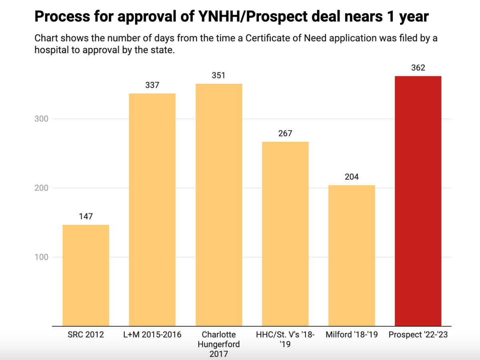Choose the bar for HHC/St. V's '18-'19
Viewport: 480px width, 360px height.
(x=285, y=234)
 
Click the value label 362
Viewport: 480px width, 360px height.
(x=418, y=68)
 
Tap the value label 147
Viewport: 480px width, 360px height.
(x=86, y=216)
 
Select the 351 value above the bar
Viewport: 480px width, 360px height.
(x=219, y=75)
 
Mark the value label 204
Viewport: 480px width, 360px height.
(x=352, y=177)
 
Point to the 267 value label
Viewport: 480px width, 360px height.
(x=285, y=133)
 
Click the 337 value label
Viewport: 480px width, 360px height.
(x=152, y=85)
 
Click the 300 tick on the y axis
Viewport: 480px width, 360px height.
(x=41, y=119)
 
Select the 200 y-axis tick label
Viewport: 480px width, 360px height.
(x=41, y=188)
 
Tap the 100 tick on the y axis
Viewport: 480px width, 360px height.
(x=41, y=257)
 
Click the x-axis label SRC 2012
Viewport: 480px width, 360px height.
(x=86, y=335)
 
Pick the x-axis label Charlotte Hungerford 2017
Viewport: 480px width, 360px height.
(x=219, y=344)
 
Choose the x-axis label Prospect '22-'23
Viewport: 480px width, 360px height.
(x=418, y=335)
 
